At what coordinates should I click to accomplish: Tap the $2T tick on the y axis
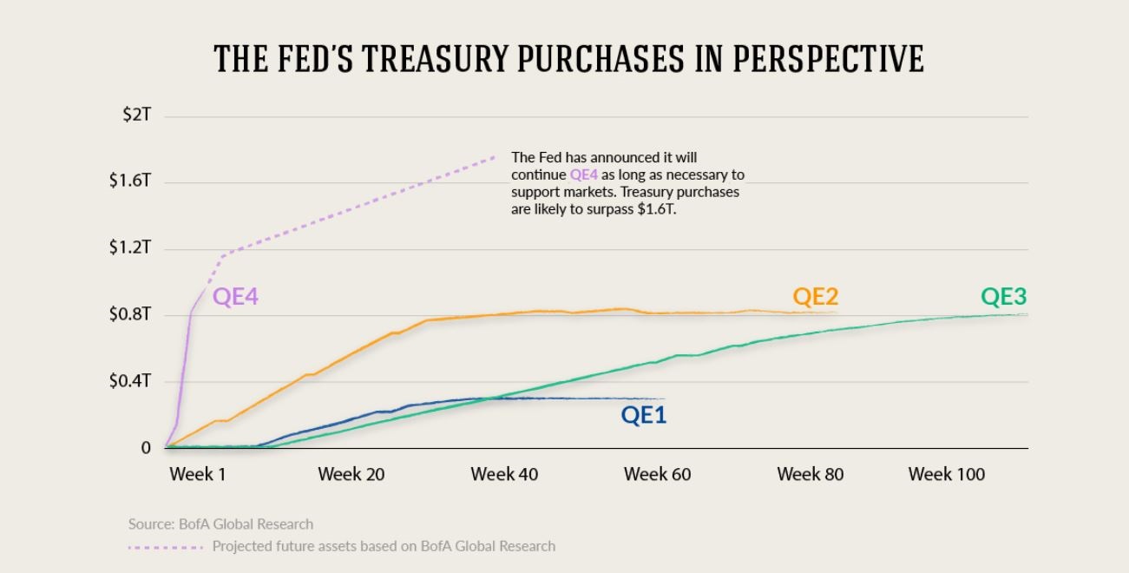(x=136, y=115)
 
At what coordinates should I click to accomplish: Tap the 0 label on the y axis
(x=146, y=448)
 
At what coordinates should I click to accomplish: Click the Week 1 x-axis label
(x=197, y=474)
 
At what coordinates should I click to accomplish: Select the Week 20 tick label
(x=351, y=474)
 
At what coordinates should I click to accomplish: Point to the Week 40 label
(x=504, y=474)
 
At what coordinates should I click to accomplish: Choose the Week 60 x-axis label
(x=657, y=474)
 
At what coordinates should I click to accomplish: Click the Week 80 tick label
(x=810, y=474)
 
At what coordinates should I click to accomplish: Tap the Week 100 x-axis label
(x=946, y=474)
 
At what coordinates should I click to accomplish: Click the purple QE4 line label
(x=235, y=297)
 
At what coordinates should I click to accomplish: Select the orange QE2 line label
(x=815, y=297)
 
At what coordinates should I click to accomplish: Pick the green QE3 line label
(x=1003, y=297)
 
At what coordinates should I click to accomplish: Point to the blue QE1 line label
(x=643, y=415)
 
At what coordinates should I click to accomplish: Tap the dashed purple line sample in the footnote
(x=166, y=547)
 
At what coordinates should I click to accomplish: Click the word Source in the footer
(x=148, y=524)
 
